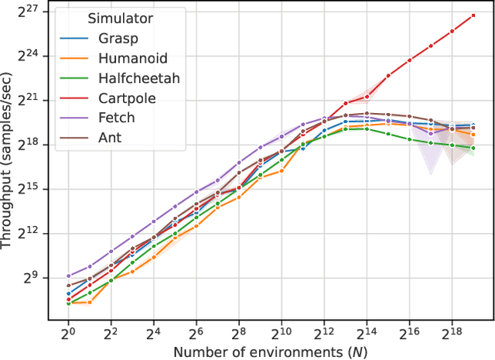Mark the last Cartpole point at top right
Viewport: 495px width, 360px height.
tap(473, 15)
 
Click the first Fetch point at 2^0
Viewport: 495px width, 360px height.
tap(69, 276)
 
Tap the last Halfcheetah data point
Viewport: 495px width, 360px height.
tap(473, 148)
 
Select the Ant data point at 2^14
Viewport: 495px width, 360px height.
tap(367, 113)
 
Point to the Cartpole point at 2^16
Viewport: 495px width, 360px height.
tap(409, 60)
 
